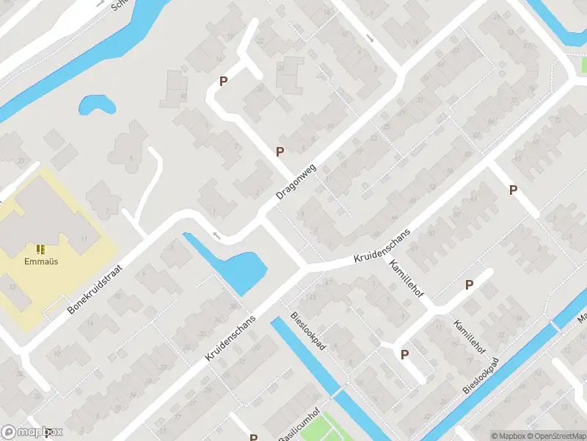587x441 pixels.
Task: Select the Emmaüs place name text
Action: pyautogui.click(x=40, y=260)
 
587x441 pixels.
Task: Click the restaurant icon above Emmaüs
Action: pyautogui.click(x=40, y=249)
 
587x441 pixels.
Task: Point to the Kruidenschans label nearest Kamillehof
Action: pyautogui.click(x=381, y=246)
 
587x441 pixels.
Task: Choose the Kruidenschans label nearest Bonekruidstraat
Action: pyautogui.click(x=230, y=337)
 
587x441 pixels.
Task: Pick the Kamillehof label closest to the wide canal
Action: pyautogui.click(x=469, y=337)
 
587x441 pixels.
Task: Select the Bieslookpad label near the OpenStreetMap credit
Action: pyautogui.click(x=481, y=376)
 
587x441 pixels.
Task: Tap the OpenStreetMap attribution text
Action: pyautogui.click(x=556, y=436)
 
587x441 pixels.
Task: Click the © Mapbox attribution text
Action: pyautogui.click(x=508, y=436)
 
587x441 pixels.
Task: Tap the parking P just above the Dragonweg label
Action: pyautogui.click(x=280, y=151)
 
